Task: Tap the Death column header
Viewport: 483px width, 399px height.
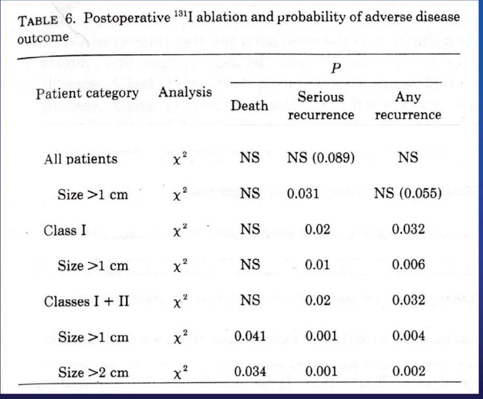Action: pyautogui.click(x=249, y=105)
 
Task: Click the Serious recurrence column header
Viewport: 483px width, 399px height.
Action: pyautogui.click(x=321, y=106)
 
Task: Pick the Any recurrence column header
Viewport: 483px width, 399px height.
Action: pyautogui.click(x=407, y=106)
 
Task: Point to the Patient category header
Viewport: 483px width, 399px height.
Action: pyautogui.click(x=87, y=93)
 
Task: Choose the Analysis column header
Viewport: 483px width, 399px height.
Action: pyautogui.click(x=185, y=92)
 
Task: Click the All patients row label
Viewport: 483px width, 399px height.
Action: pyautogui.click(x=80, y=159)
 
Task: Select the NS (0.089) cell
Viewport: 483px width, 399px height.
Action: pyautogui.click(x=321, y=158)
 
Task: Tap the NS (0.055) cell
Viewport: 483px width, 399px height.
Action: pyautogui.click(x=408, y=194)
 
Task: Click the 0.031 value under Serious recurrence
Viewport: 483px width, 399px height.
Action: pyautogui.click(x=303, y=194)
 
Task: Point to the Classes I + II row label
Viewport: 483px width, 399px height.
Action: pyautogui.click(x=87, y=301)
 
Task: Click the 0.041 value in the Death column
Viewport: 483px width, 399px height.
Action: pyautogui.click(x=250, y=336)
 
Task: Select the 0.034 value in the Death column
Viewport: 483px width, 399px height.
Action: pyautogui.click(x=250, y=372)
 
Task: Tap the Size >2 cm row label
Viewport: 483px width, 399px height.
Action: pyautogui.click(x=93, y=372)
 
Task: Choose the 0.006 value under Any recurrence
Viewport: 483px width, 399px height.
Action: pyautogui.click(x=408, y=265)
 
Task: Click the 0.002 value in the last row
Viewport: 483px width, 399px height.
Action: pyautogui.click(x=408, y=372)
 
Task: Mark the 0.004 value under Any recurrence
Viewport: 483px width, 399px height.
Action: pyautogui.click(x=408, y=336)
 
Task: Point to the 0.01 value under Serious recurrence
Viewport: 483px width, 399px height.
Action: pyautogui.click(x=318, y=265)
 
